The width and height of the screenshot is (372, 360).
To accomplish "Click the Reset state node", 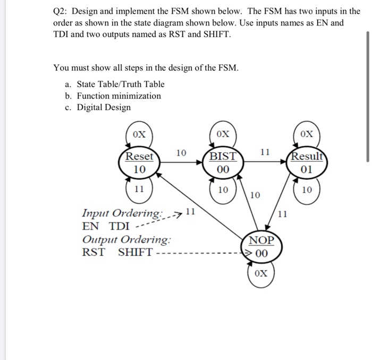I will pyautogui.click(x=139, y=163).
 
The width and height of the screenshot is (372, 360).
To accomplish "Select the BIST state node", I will pyautogui.click(x=223, y=163).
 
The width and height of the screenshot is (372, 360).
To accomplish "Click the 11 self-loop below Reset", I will pyautogui.click(x=139, y=189).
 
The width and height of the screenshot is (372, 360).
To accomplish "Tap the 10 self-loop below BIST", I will pyautogui.click(x=223, y=190).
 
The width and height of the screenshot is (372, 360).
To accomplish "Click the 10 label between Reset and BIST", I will pyautogui.click(x=181, y=153).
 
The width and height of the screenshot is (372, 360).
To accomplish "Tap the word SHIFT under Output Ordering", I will pyautogui.click(x=135, y=252).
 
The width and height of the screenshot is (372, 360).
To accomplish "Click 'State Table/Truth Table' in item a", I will pyautogui.click(x=121, y=84).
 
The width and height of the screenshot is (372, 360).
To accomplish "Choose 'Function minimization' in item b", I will pyautogui.click(x=119, y=96).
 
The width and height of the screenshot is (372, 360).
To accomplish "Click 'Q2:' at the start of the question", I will pyautogui.click(x=63, y=11).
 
